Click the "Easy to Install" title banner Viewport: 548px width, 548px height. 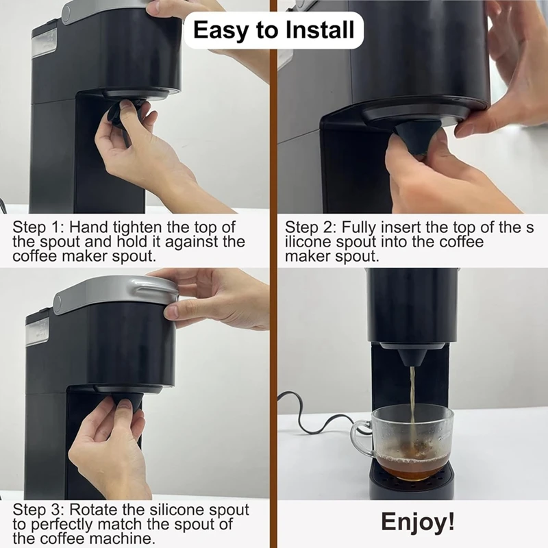[274, 30]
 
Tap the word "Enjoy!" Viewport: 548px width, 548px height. [417, 521]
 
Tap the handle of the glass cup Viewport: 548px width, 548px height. [363, 436]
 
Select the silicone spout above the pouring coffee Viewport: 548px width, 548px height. [410, 356]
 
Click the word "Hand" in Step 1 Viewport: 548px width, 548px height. [87, 227]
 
